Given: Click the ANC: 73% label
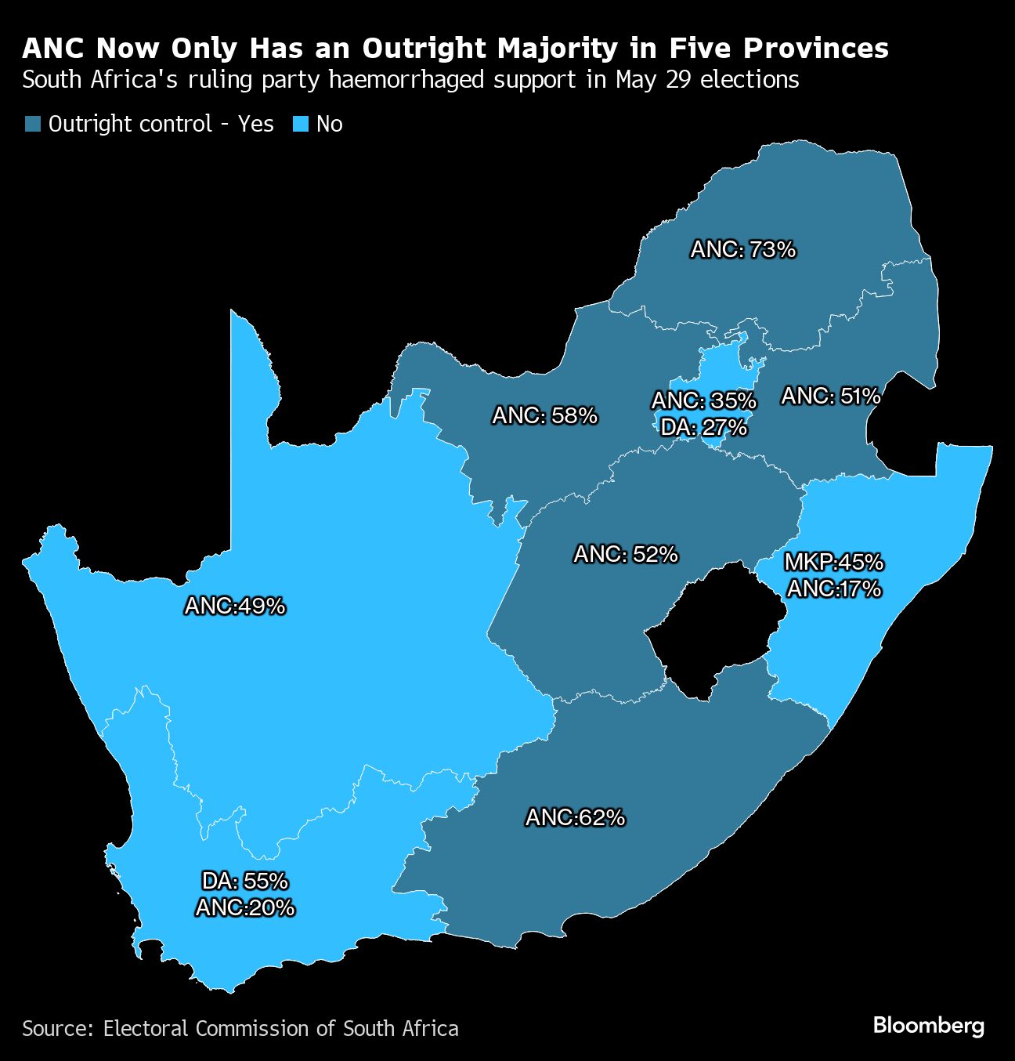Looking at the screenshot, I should pyautogui.click(x=742, y=250).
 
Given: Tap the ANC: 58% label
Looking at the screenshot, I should pyautogui.click(x=544, y=415).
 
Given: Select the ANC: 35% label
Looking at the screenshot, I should pyautogui.click(x=704, y=400).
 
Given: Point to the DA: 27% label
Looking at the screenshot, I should pyautogui.click(x=703, y=427).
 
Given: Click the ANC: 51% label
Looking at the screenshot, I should pyautogui.click(x=830, y=397).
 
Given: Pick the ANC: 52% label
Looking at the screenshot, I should pyautogui.click(x=625, y=555).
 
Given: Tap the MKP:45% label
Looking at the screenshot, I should pyautogui.click(x=833, y=562).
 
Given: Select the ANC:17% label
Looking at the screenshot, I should pyautogui.click(x=833, y=588).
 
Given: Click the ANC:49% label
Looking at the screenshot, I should pyautogui.click(x=235, y=606).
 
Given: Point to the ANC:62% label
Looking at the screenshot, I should pyautogui.click(x=575, y=818).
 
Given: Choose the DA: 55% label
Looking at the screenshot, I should pyautogui.click(x=245, y=882).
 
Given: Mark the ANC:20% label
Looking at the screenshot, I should pyautogui.click(x=245, y=907).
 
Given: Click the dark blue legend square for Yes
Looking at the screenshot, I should pyautogui.click(x=32, y=125).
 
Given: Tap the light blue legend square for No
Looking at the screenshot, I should pyautogui.click(x=301, y=125).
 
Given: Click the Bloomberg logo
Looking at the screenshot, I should pyautogui.click(x=928, y=1026).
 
